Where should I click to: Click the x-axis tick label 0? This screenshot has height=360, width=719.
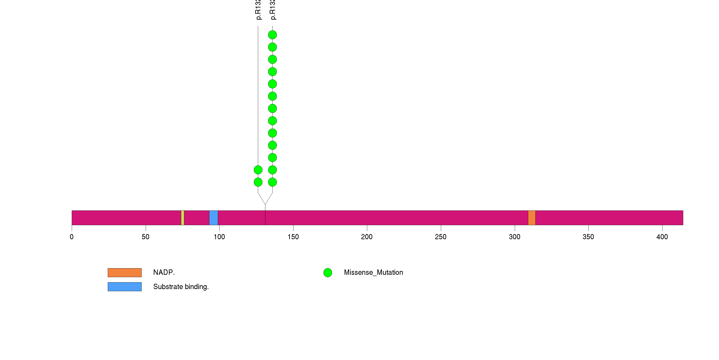(x=72, y=237)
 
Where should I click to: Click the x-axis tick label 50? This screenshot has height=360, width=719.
(x=145, y=237)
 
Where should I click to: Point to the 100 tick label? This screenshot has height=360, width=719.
(x=219, y=237)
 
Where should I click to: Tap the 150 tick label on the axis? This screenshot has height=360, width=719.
(x=293, y=237)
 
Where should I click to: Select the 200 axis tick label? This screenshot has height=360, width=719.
(x=367, y=237)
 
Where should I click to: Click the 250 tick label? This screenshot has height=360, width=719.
(x=441, y=237)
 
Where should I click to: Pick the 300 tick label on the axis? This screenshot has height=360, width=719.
(x=514, y=237)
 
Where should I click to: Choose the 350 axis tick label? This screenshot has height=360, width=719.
(x=588, y=237)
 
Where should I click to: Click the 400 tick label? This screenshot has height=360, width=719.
(x=662, y=237)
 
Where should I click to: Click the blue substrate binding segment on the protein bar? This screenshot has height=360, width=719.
(x=214, y=218)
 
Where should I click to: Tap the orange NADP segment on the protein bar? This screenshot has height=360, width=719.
(x=532, y=218)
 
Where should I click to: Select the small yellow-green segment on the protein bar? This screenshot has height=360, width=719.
(x=183, y=218)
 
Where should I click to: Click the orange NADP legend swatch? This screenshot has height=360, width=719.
(x=125, y=273)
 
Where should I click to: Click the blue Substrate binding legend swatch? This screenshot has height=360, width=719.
(x=125, y=287)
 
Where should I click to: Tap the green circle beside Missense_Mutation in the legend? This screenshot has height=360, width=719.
(x=328, y=273)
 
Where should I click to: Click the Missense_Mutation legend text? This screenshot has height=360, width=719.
(x=374, y=272)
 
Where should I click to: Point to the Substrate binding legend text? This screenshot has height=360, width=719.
(x=181, y=287)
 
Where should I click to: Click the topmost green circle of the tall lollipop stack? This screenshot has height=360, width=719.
(x=272, y=35)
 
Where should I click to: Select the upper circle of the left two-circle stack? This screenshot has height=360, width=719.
(x=258, y=170)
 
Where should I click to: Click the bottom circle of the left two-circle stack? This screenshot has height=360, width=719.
(x=258, y=182)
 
